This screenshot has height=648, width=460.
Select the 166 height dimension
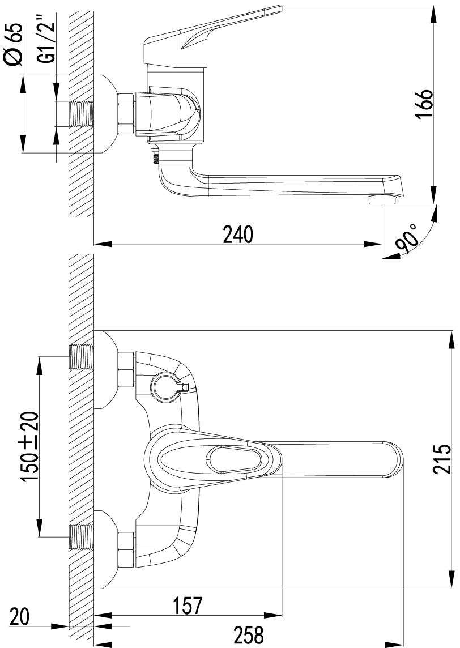[424, 104]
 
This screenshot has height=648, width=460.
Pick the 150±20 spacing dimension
[31, 446]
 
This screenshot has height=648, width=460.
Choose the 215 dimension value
[441, 459]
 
